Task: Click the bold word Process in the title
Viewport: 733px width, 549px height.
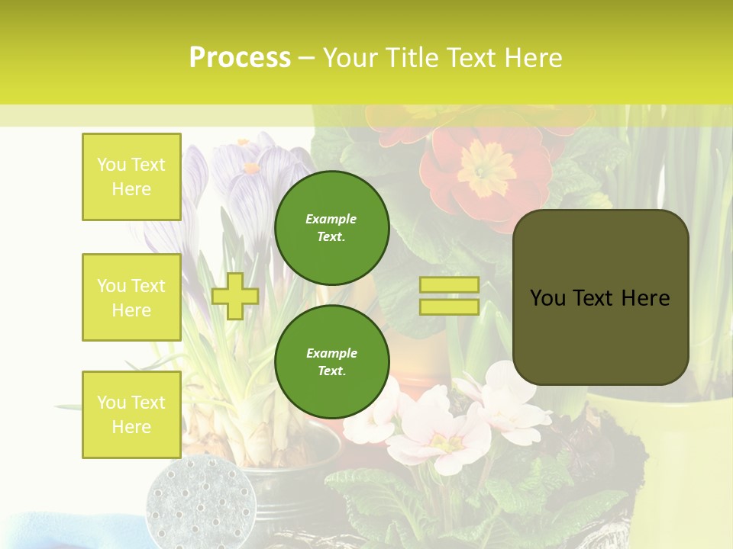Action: pyautogui.click(x=240, y=58)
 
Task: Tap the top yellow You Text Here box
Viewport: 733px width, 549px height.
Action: pyautogui.click(x=131, y=177)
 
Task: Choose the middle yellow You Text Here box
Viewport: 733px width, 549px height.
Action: pyautogui.click(x=131, y=297)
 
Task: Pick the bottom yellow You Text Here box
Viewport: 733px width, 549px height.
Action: pyautogui.click(x=131, y=414)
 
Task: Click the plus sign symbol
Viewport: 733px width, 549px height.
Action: pyautogui.click(x=235, y=296)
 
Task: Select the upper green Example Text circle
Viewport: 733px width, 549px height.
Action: pyautogui.click(x=331, y=227)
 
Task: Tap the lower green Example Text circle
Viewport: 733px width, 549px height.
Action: pyautogui.click(x=331, y=361)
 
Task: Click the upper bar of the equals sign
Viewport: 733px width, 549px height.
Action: pyautogui.click(x=449, y=285)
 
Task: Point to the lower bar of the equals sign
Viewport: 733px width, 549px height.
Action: pyautogui.click(x=449, y=307)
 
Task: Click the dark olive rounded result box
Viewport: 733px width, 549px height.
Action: pyautogui.click(x=600, y=297)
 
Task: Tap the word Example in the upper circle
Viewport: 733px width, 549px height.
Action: pyautogui.click(x=331, y=219)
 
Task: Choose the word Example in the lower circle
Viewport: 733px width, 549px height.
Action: pyautogui.click(x=331, y=353)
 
